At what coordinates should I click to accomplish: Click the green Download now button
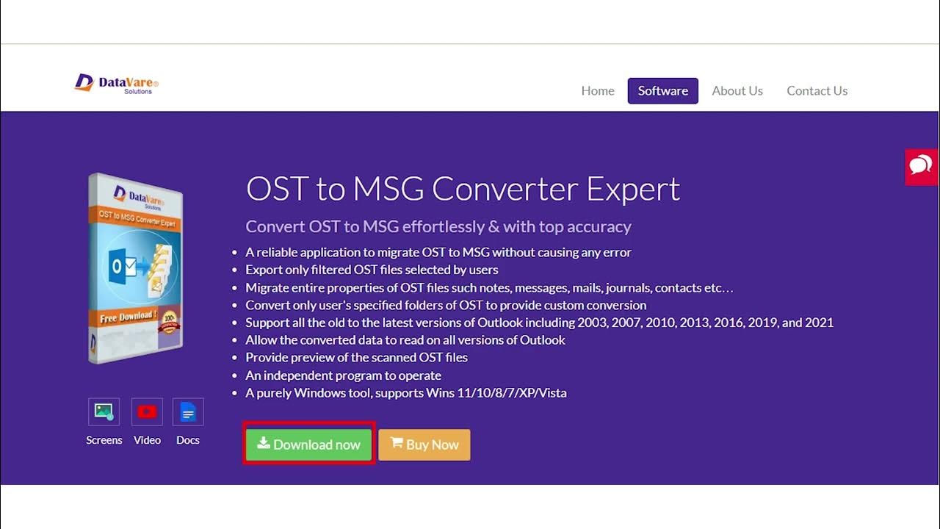click(x=309, y=445)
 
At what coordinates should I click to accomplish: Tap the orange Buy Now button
click(x=424, y=445)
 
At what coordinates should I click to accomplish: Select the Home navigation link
click(x=598, y=91)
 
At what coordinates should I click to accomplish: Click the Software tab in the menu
click(x=662, y=91)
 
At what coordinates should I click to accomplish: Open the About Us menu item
click(x=737, y=91)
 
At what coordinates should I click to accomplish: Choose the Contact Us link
click(x=817, y=91)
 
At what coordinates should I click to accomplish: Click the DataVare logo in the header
click(x=117, y=83)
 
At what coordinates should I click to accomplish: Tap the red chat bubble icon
click(x=921, y=166)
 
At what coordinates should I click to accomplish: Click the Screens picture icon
click(x=104, y=411)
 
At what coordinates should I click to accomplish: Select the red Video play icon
click(x=147, y=411)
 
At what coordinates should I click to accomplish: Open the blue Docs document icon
click(x=188, y=411)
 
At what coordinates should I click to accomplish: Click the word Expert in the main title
click(x=633, y=189)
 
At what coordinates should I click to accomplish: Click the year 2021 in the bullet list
click(x=818, y=323)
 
